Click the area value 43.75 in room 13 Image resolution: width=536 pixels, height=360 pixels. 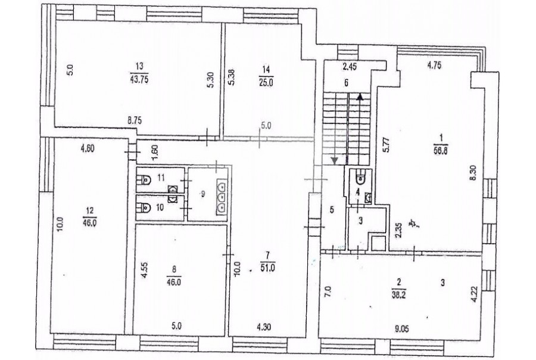point(139,80)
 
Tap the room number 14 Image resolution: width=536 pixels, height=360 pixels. point(266,70)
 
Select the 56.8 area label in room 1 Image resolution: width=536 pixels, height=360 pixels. point(441,151)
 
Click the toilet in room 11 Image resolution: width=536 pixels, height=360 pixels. point(145,179)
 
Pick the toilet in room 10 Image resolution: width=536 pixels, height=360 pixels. point(145,207)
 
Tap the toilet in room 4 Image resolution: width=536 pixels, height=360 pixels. point(360,177)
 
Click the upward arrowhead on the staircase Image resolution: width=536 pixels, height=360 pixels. point(360,96)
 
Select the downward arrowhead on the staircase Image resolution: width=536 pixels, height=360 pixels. point(335,160)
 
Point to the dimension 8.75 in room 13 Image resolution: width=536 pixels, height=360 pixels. point(135,120)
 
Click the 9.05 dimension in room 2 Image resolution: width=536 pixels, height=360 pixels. point(401,329)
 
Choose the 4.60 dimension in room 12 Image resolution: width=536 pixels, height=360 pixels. point(87,148)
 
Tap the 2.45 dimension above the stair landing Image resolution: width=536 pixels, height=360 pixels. point(350,67)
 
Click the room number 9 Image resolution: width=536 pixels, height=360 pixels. point(202,194)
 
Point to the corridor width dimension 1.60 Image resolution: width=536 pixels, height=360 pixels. point(155,152)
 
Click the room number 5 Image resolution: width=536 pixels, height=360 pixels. point(332,210)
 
